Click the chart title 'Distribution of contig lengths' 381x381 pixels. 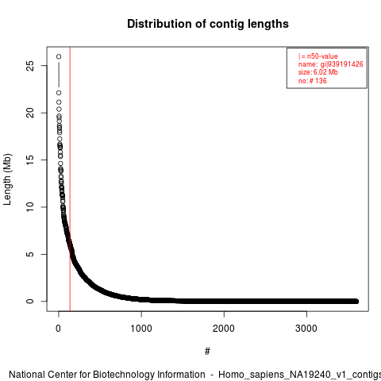click(x=208, y=24)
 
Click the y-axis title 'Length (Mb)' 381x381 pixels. click(x=7, y=179)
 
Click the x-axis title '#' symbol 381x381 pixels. click(x=207, y=352)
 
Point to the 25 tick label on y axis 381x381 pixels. click(x=30, y=66)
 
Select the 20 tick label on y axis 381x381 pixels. click(x=30, y=113)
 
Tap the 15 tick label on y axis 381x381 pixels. click(x=30, y=160)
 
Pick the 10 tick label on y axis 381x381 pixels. click(x=30, y=207)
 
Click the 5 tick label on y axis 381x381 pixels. click(x=30, y=254)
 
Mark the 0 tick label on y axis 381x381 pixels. click(x=30, y=301)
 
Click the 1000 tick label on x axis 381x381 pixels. click(x=141, y=329)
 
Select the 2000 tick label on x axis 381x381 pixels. click(x=224, y=329)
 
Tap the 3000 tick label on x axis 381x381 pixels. click(x=306, y=329)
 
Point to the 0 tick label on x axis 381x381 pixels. click(x=59, y=329)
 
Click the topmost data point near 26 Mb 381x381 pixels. click(x=59, y=56)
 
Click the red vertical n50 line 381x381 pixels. click(x=70, y=179)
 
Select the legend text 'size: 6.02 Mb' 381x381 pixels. click(x=318, y=72)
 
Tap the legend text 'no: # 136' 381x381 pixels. click(x=313, y=81)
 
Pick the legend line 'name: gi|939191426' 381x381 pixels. click(x=331, y=64)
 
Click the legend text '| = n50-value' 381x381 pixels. click(x=318, y=56)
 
